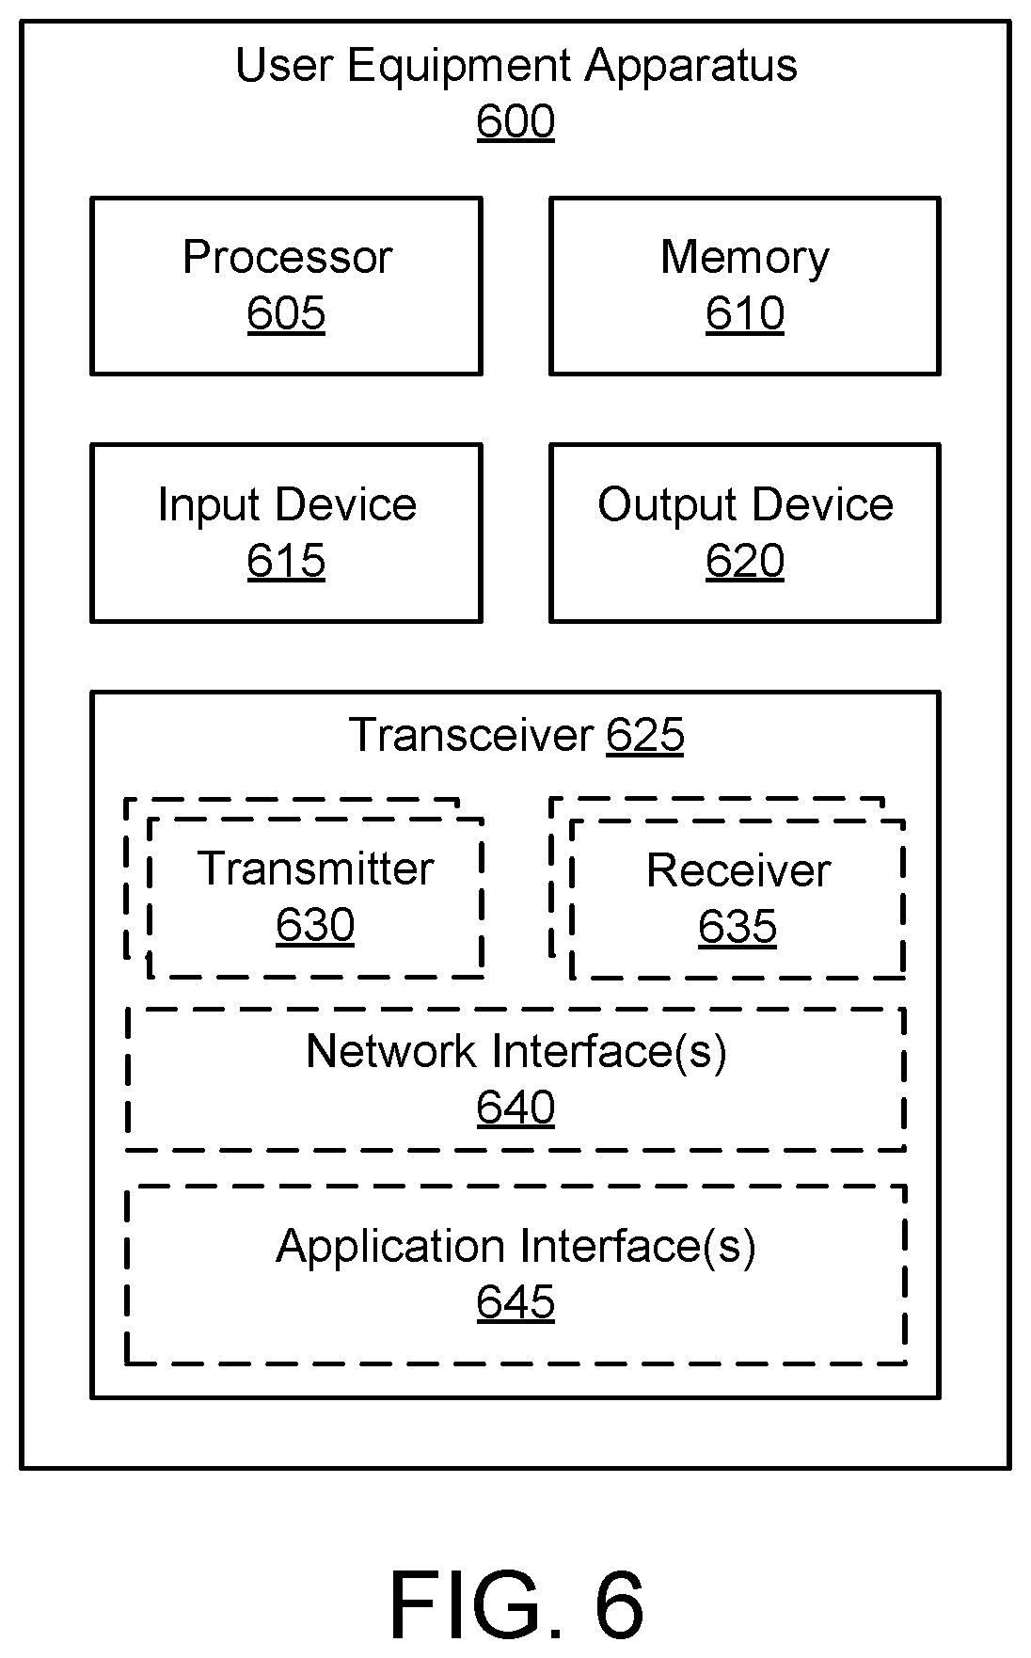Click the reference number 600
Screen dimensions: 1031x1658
pyautogui.click(x=515, y=122)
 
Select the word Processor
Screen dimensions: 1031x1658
pyautogui.click(x=287, y=257)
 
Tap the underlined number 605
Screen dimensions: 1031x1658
pyautogui.click(x=286, y=313)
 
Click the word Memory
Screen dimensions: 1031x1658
pyautogui.click(x=745, y=258)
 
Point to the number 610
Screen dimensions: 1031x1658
pyautogui.click(x=745, y=313)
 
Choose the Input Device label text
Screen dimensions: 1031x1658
pyautogui.click(x=287, y=504)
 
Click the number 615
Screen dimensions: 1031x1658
pyautogui.click(x=286, y=561)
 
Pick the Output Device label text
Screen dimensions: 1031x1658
pyautogui.click(x=745, y=504)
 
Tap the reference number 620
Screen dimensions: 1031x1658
pyautogui.click(x=745, y=561)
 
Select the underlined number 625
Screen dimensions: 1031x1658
pyautogui.click(x=645, y=735)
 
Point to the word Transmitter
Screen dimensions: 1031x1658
pyautogui.click(x=315, y=869)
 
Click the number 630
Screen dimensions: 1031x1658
pyautogui.click(x=315, y=925)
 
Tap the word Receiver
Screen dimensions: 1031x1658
pyautogui.click(x=738, y=870)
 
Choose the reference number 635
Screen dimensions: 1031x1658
pyautogui.click(x=738, y=927)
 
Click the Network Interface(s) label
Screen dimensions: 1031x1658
pyautogui.click(x=516, y=1051)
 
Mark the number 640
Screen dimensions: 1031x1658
pyautogui.click(x=515, y=1108)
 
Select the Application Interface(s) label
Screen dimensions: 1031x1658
pyautogui.click(x=515, y=1247)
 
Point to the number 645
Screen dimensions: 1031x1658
pyautogui.click(x=515, y=1302)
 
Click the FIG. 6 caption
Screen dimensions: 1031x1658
pyautogui.click(x=516, y=1604)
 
